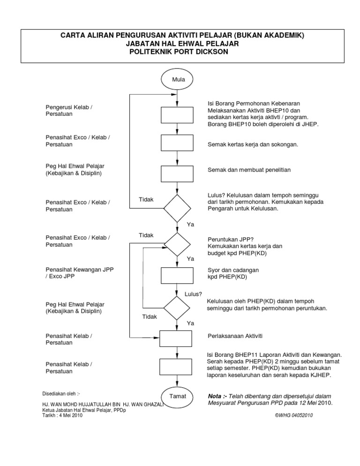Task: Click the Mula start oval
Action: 177,79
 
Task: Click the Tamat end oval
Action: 177,396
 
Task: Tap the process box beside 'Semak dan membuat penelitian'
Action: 177,173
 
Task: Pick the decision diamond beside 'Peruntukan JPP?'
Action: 177,244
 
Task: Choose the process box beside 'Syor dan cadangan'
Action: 177,275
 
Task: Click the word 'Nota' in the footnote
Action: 216,396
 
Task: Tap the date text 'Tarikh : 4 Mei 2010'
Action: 62,414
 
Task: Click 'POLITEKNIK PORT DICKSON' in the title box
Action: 180,52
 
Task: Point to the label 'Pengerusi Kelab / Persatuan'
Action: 69,111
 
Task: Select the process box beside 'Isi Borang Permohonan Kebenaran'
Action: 177,115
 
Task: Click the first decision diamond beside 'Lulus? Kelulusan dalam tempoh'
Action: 177,208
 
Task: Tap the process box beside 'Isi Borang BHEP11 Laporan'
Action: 177,367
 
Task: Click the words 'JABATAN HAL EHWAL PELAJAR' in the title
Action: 180,44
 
